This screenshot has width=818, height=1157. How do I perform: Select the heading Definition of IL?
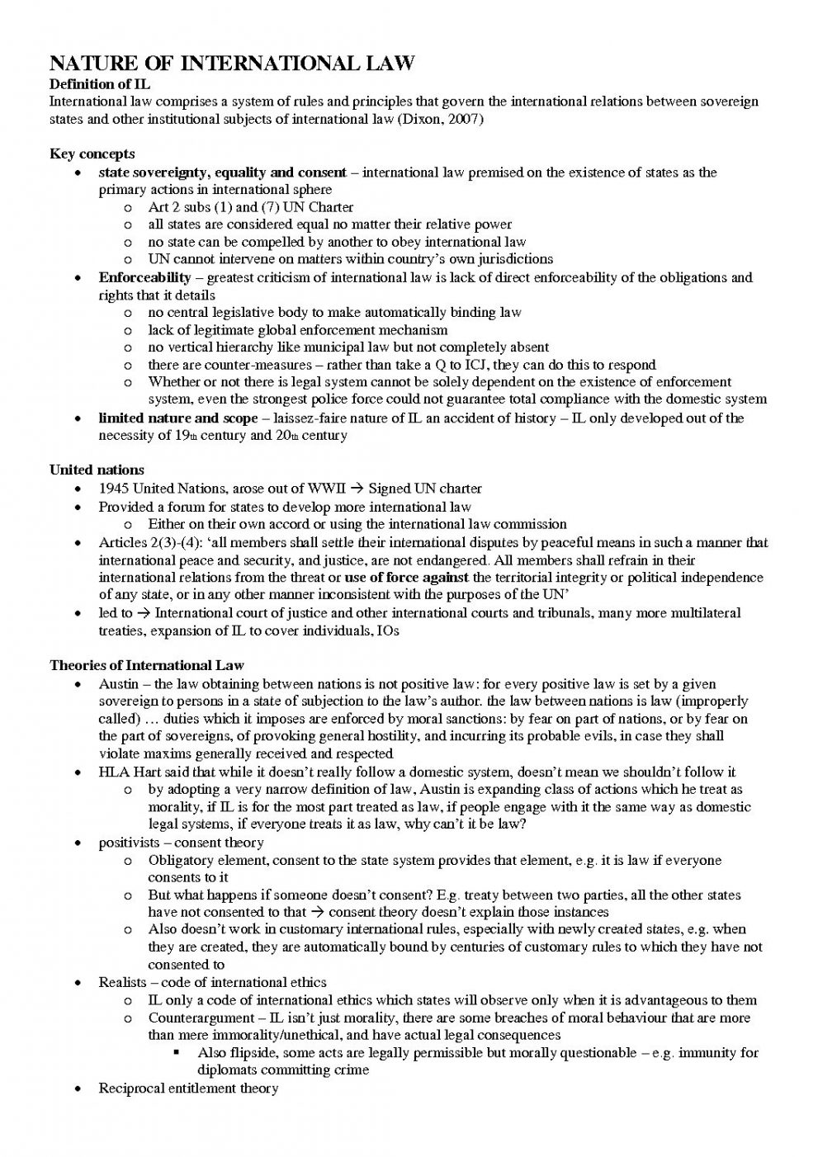click(x=100, y=84)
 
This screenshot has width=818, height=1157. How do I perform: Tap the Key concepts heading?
click(x=92, y=154)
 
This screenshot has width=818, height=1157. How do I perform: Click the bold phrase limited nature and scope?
click(x=177, y=418)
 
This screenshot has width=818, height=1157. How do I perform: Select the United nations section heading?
click(x=97, y=470)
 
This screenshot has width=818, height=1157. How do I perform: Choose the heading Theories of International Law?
click(x=147, y=665)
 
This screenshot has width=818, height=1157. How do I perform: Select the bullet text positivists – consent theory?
click(x=181, y=843)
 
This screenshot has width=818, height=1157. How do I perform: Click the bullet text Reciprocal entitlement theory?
click(x=188, y=1089)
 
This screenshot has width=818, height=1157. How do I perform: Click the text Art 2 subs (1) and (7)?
click(x=215, y=207)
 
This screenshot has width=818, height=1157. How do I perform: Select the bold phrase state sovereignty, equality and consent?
click(x=222, y=172)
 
